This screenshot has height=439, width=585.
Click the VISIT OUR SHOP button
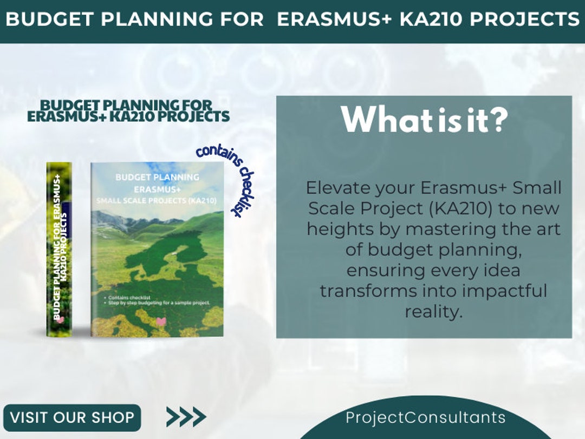point(72,418)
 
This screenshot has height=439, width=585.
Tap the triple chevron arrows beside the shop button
point(186,417)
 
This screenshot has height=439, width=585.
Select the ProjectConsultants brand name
point(425,418)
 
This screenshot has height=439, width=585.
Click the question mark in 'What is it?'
point(499,120)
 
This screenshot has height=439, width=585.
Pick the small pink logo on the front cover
point(160,322)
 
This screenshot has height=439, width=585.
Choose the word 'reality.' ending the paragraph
point(433,311)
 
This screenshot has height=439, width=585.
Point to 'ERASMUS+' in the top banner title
point(334,19)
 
